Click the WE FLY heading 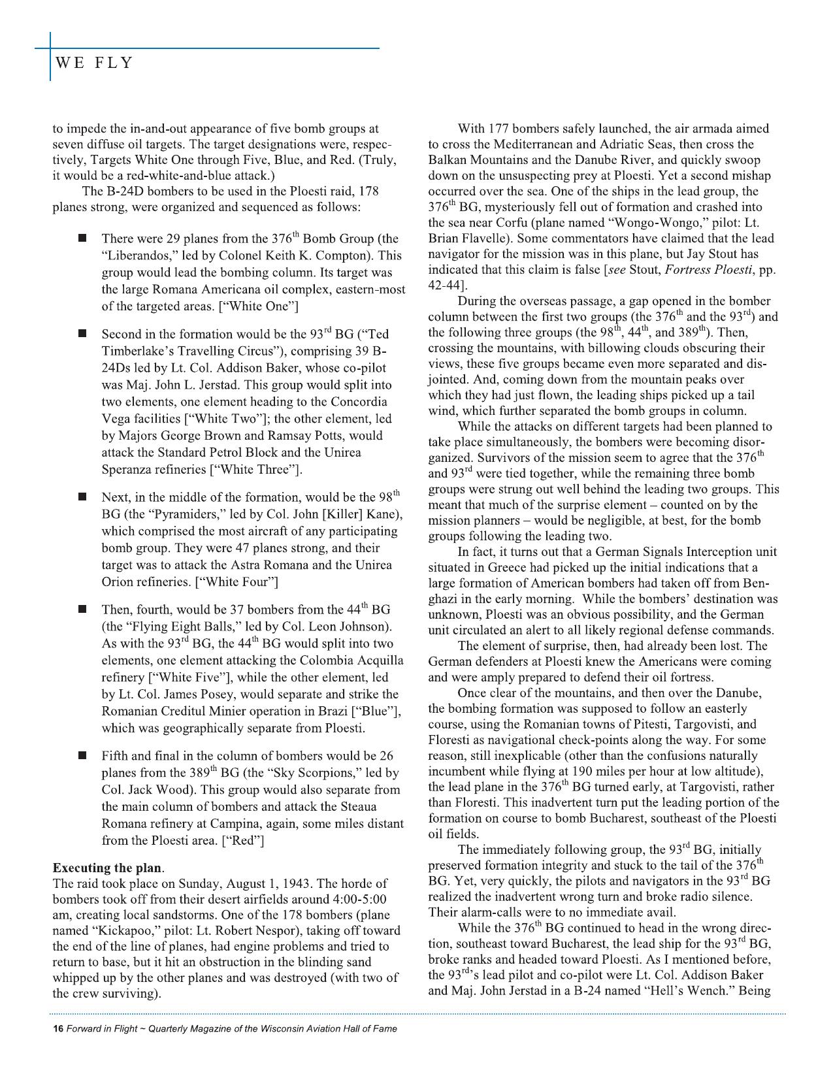[94, 63]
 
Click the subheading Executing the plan [107, 868]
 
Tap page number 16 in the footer [57, 1028]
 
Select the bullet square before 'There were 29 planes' [83, 238]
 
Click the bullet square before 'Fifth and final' [83, 756]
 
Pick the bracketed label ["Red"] [243, 840]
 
